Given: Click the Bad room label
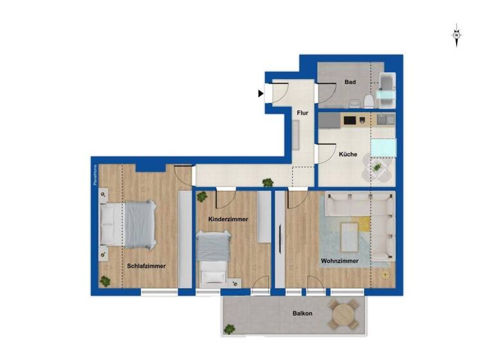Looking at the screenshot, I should pyautogui.click(x=351, y=82).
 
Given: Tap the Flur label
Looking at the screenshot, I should pyautogui.click(x=302, y=113).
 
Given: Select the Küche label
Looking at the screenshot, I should pyautogui.click(x=348, y=155).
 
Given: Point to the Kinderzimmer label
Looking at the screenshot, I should pyautogui.click(x=228, y=219).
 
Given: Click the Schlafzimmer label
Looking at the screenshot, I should pyautogui.click(x=147, y=265).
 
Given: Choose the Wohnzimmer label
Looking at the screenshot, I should pyautogui.click(x=340, y=261).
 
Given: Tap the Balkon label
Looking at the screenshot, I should pyautogui.click(x=302, y=314).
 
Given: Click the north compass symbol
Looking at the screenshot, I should pyautogui.click(x=456, y=35).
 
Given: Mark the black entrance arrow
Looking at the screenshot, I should pyautogui.click(x=261, y=94).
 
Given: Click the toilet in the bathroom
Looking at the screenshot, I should pyautogui.click(x=368, y=102).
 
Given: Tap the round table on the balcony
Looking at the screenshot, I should pyautogui.click(x=345, y=315).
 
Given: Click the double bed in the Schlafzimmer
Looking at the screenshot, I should pyautogui.click(x=133, y=224).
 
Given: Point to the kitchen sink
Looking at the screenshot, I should pyautogui.click(x=384, y=120).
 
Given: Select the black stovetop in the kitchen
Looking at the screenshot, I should pyautogui.click(x=351, y=120).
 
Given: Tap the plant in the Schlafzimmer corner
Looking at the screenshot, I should pyautogui.click(x=104, y=281).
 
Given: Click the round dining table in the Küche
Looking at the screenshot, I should pyautogui.click(x=377, y=168).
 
